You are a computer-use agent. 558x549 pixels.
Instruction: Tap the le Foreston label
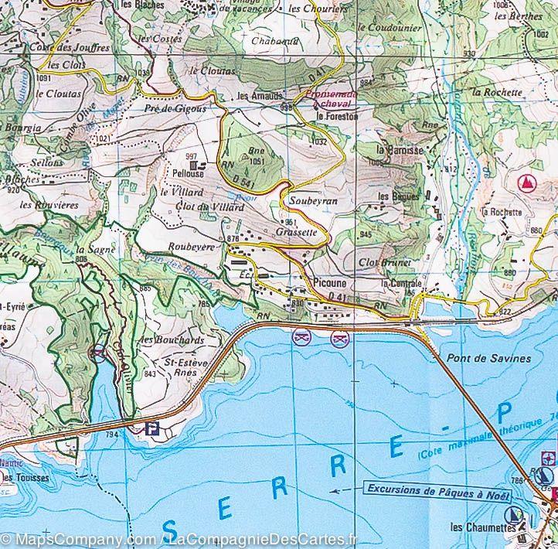(x=338, y=116)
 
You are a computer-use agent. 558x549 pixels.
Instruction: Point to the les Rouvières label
(x=49, y=205)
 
